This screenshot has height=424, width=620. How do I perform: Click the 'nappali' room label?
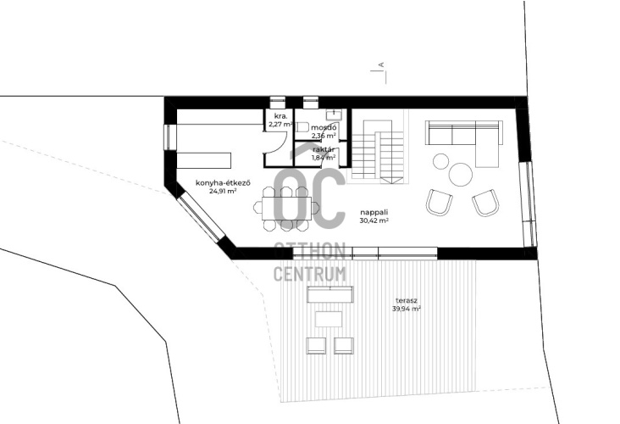click(x=374, y=213)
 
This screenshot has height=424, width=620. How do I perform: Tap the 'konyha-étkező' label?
click(x=224, y=183)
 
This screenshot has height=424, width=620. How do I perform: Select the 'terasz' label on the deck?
click(x=406, y=300)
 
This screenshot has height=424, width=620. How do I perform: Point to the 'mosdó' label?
click(x=324, y=127)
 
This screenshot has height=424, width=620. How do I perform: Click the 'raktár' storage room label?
click(x=324, y=149)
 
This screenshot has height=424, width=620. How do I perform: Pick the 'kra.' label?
click(x=278, y=116)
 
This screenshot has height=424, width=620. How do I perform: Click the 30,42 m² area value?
click(x=374, y=221)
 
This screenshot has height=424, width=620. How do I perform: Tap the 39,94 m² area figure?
click(x=406, y=309)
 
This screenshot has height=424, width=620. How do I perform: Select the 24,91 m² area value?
click(x=224, y=191)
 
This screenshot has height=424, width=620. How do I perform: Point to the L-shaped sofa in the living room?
click(x=464, y=143)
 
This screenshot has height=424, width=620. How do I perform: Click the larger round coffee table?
click(x=460, y=174)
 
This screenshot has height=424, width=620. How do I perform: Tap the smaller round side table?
click(x=440, y=161)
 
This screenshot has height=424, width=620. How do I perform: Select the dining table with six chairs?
click(x=286, y=208)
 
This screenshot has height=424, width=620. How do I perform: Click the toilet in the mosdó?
click(x=302, y=127)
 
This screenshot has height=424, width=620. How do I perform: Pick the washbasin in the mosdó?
click(x=334, y=114)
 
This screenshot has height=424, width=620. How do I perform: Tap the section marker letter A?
click(x=381, y=64)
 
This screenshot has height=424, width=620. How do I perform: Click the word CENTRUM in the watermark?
click(x=310, y=274)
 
